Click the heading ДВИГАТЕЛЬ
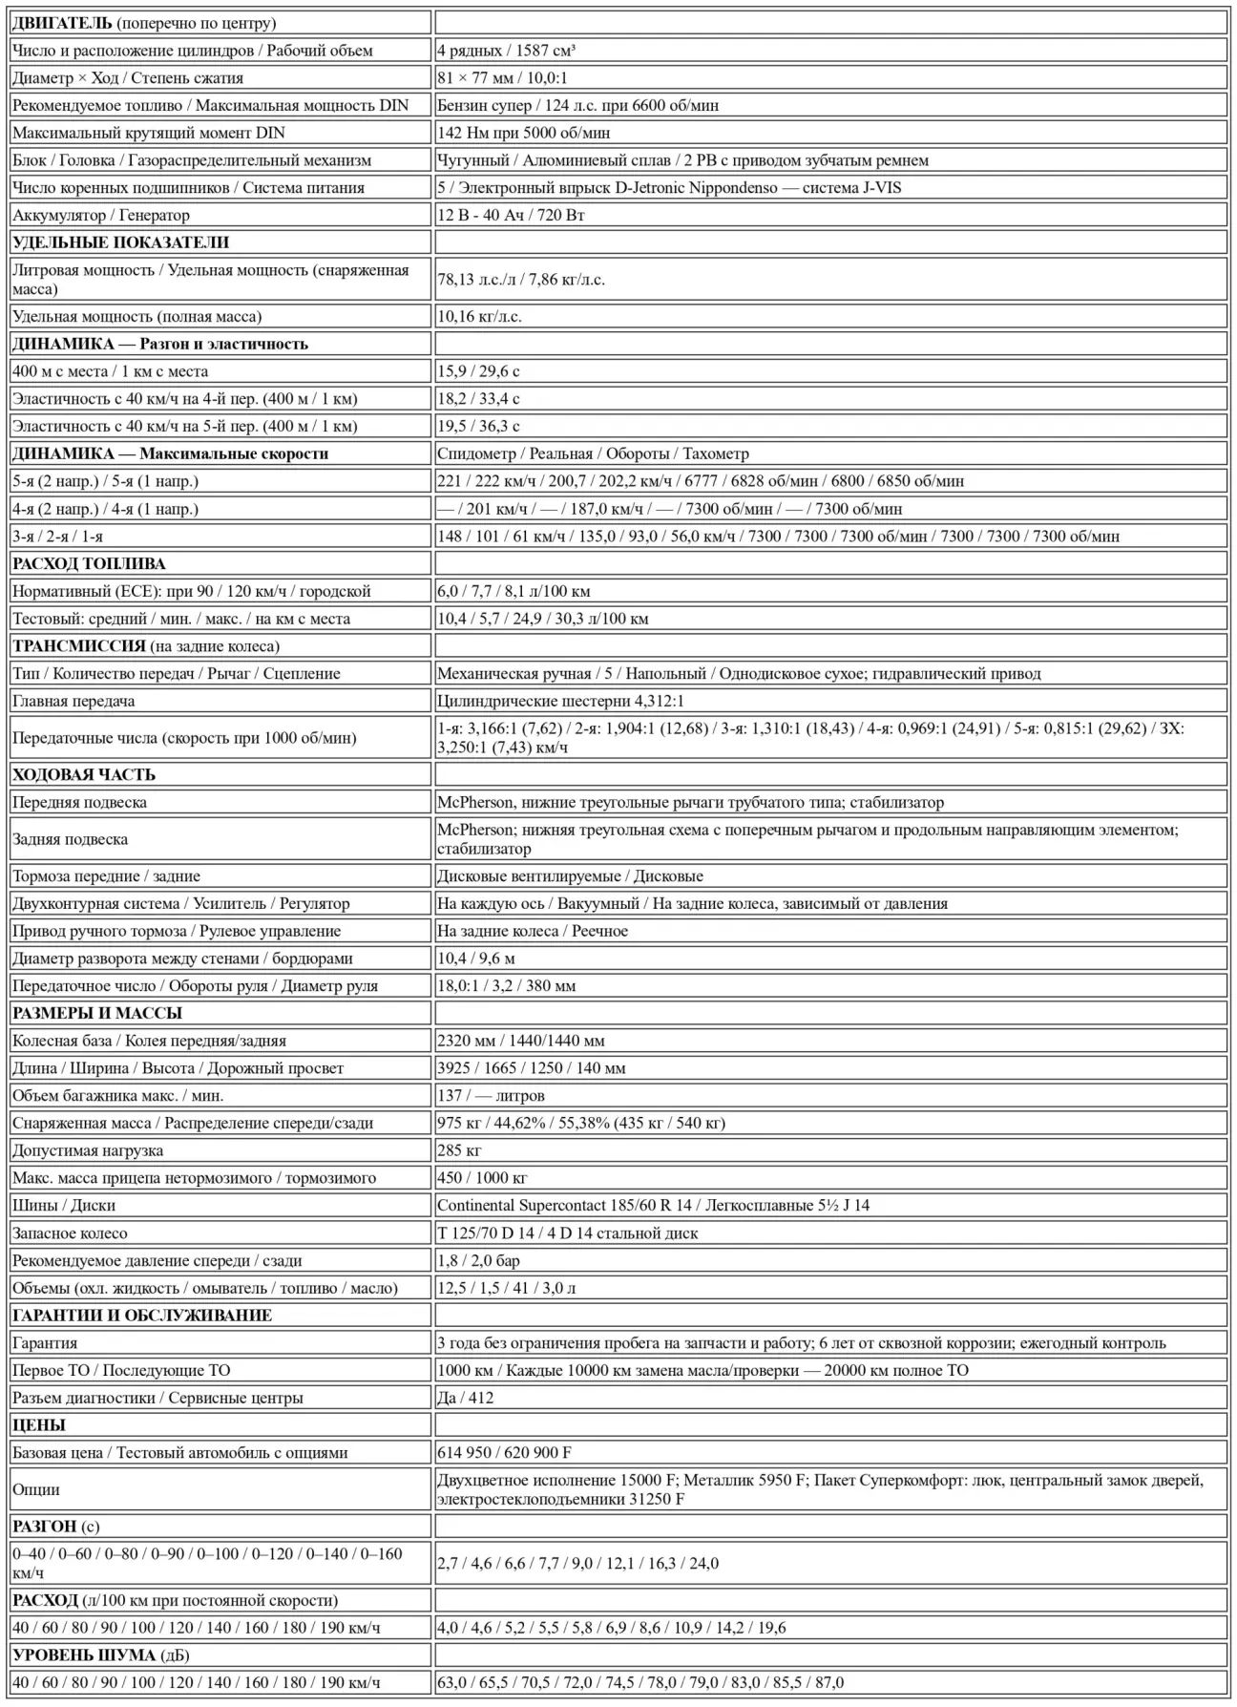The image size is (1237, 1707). pos(62,23)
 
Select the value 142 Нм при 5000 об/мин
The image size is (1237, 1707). pos(523,133)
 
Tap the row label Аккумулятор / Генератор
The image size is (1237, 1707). pos(101,215)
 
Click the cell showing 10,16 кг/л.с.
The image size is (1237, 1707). pos(479,316)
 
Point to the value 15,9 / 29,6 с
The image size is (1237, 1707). pos(478,371)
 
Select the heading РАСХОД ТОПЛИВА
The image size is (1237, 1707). pos(89,563)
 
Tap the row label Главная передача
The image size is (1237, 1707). pos(73,701)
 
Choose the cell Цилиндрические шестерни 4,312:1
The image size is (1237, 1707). pos(560,701)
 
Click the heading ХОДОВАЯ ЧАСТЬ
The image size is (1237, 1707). pos(84,774)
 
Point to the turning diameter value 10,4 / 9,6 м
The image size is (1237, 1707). pos(475,958)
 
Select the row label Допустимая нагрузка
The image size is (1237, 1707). pos(88,1150)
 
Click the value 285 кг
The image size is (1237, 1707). pos(459,1150)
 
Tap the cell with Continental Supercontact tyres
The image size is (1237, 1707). pos(653,1205)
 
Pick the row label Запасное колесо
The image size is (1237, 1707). pos(70,1233)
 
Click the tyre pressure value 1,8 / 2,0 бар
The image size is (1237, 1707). pos(478,1260)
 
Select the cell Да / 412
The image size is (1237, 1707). pos(465,1398)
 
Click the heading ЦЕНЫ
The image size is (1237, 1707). pos(39,1425)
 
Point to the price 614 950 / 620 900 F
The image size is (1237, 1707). pos(504,1452)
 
